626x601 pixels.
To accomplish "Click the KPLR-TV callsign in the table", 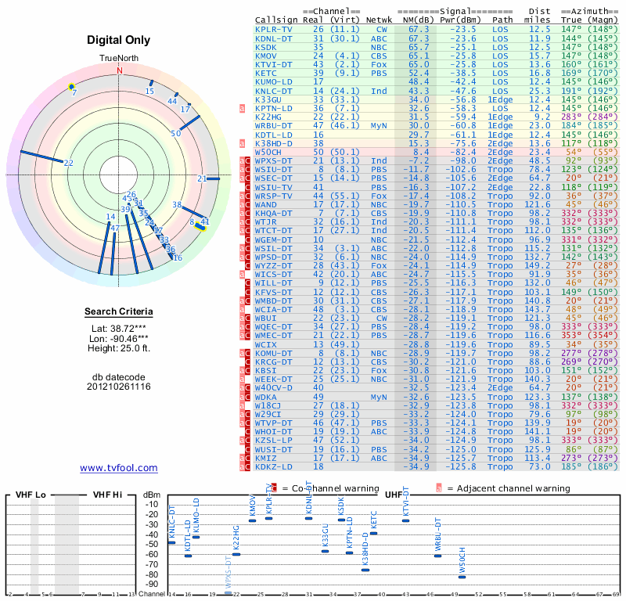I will coord(273,28).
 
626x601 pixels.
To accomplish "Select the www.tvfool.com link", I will coord(119,468).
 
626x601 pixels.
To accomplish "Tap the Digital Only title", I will coord(119,40).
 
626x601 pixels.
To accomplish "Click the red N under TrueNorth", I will coord(120,70).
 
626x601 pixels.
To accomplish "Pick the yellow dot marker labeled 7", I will coord(71,86).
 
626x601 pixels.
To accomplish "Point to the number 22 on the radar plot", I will coord(69,163).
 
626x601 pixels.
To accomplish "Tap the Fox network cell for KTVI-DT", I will coord(379,63).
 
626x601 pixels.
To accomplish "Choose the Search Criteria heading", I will coord(119,312).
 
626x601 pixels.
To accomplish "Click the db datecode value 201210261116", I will coord(119,387).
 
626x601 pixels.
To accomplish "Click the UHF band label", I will coord(393,495).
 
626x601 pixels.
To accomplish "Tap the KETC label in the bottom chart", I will coord(373,521).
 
